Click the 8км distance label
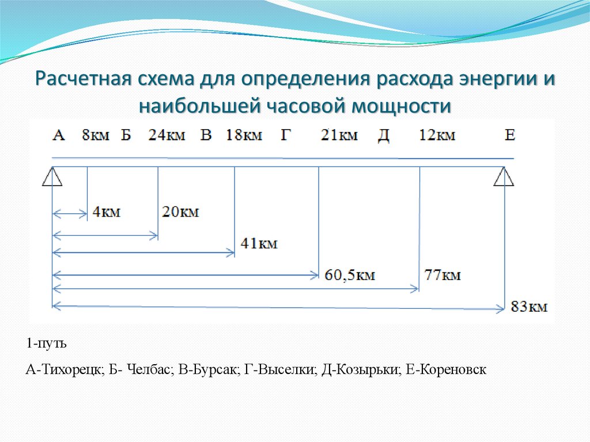96,135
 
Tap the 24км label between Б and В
167,135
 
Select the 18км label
244,135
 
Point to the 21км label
340,135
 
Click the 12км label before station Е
437,135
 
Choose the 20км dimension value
180,212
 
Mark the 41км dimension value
259,244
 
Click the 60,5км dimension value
350,275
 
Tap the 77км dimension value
442,275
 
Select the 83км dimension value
528,307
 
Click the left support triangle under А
52,177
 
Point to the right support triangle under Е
504,177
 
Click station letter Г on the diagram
286,135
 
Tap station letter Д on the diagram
384,135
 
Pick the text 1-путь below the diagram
46,344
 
